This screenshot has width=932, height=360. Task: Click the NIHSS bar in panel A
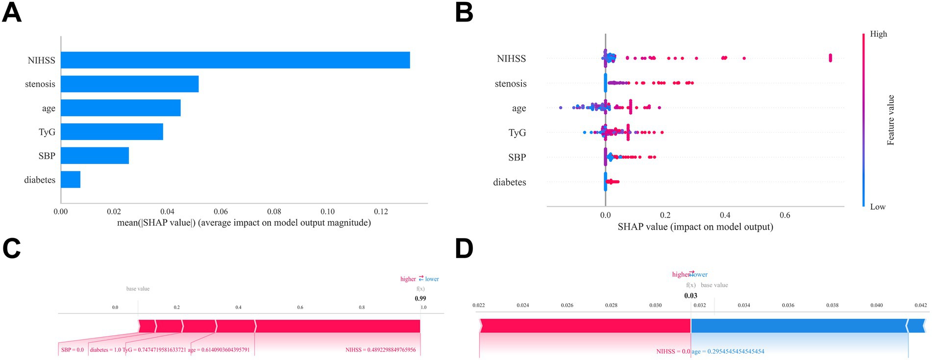tap(235, 60)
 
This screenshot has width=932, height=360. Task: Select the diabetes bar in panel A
tap(71, 180)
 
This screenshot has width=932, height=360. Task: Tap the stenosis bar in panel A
tap(130, 84)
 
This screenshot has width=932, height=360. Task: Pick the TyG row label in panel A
tap(47, 132)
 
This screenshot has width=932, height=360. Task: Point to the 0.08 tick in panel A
tap(274, 212)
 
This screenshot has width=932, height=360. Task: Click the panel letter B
tap(464, 13)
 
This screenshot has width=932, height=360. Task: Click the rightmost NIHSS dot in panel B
tap(830, 58)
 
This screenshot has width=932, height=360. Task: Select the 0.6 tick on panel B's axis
tap(785, 215)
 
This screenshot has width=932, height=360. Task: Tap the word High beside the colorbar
tap(878, 34)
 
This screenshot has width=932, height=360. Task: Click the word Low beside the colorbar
tap(878, 207)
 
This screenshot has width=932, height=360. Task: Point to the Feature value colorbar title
tap(891, 120)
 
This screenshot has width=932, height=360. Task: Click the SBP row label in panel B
tap(517, 157)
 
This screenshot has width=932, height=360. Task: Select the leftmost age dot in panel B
tap(561, 107)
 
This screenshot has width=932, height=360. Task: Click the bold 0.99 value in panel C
tap(420, 298)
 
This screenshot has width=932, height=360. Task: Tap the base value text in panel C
tap(138, 288)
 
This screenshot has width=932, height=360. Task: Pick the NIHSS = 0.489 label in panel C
tap(380, 350)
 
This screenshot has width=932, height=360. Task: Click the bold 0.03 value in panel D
tap(690, 295)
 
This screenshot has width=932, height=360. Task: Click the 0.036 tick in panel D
tap(788, 305)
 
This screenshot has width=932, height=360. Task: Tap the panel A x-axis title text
tap(244, 223)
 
